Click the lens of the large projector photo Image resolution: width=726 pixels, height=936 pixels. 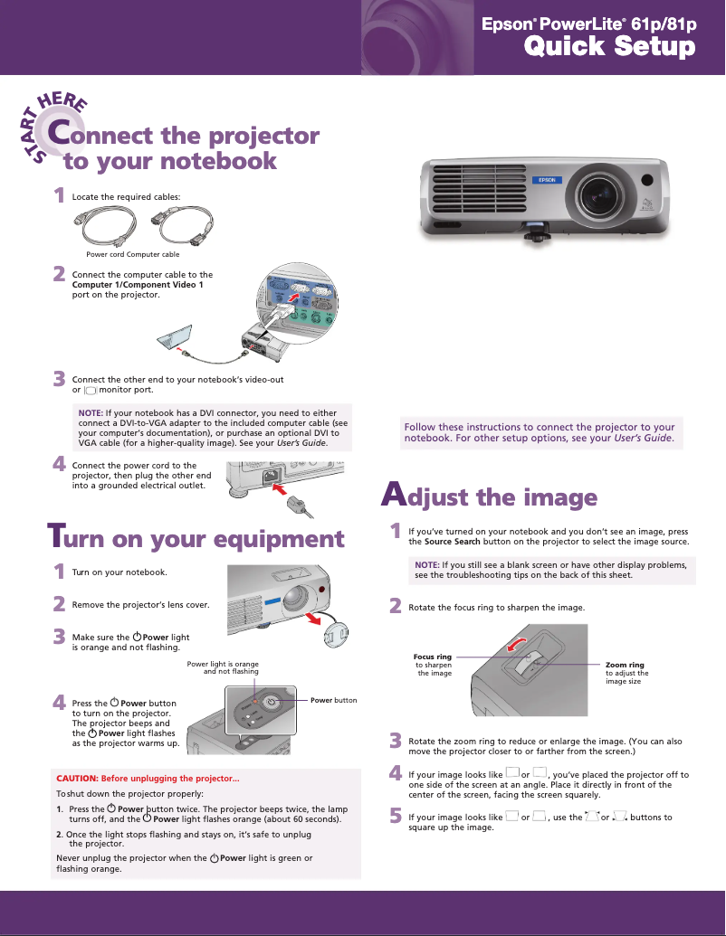point(597,193)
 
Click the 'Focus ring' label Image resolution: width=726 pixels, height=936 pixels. point(432,657)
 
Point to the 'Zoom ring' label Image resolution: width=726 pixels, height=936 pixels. point(625,665)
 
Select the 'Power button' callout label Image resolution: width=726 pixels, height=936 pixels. point(333,700)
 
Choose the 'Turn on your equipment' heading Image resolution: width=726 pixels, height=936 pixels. point(196,539)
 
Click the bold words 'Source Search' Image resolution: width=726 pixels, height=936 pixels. point(452,542)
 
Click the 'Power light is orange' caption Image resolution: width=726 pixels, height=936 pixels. point(223,665)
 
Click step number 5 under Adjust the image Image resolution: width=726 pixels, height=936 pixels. point(395,817)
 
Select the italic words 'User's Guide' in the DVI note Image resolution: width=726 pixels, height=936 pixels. point(302,443)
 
